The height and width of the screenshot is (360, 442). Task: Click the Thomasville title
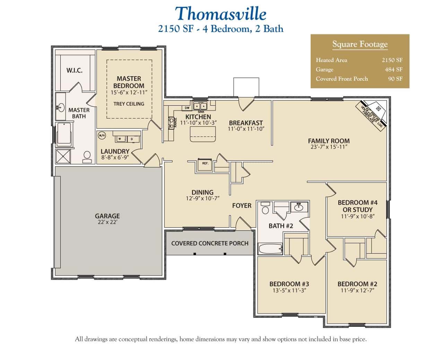tap(220, 14)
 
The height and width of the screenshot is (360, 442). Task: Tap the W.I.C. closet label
tap(75, 70)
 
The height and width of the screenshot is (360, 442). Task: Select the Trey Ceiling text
tap(129, 104)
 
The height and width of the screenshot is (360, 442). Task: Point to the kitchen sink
tap(200, 106)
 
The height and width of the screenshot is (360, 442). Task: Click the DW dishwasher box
tap(187, 108)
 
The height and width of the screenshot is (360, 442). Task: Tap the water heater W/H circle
tap(102, 135)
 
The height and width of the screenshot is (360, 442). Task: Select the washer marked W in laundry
tap(120, 139)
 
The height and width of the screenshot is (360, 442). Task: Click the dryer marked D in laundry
tap(132, 139)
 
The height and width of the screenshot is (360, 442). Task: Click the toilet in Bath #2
tap(266, 209)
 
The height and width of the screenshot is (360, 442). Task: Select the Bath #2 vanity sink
tap(299, 208)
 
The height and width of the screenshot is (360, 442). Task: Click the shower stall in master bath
tap(63, 156)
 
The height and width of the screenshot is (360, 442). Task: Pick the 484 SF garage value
tap(393, 69)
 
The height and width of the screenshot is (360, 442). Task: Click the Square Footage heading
tap(360, 44)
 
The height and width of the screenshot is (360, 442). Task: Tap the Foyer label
tap(242, 205)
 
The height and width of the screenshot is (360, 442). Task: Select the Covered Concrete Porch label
tap(210, 243)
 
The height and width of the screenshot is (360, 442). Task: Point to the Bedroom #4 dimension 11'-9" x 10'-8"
tap(357, 217)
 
